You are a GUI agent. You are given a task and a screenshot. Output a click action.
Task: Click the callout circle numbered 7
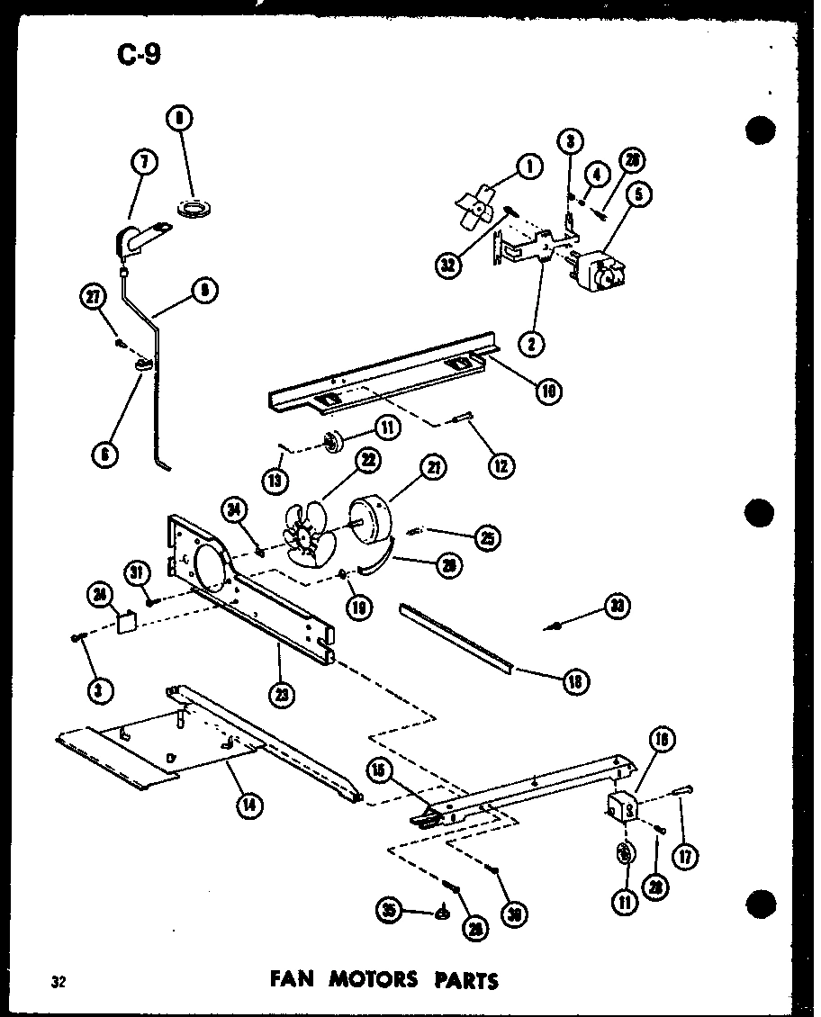click(144, 163)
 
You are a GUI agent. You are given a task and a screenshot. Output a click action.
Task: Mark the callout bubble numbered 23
click(278, 694)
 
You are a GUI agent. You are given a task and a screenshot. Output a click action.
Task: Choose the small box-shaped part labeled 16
click(620, 804)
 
